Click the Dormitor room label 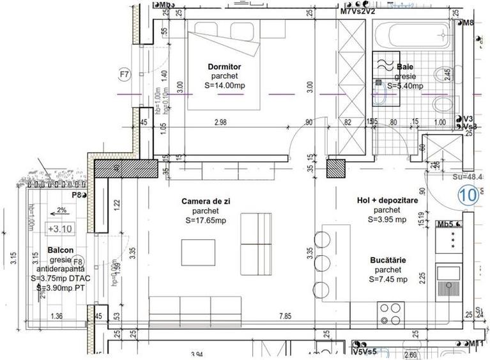tap(224, 67)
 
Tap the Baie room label tap(405, 67)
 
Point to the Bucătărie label tap(388, 260)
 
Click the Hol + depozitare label tap(387, 201)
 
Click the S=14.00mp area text tap(224, 86)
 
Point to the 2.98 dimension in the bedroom tap(221, 123)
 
